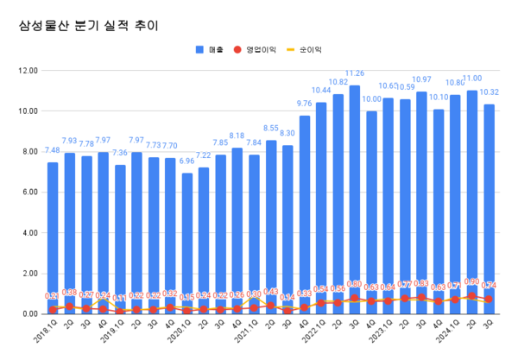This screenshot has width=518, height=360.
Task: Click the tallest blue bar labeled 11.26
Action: click(355, 199)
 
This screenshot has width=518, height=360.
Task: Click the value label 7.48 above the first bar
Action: click(53, 150)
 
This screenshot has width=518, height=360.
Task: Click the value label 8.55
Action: click(270, 129)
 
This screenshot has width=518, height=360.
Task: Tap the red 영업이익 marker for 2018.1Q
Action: click(53, 309)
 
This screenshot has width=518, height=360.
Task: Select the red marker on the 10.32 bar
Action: click(489, 300)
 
